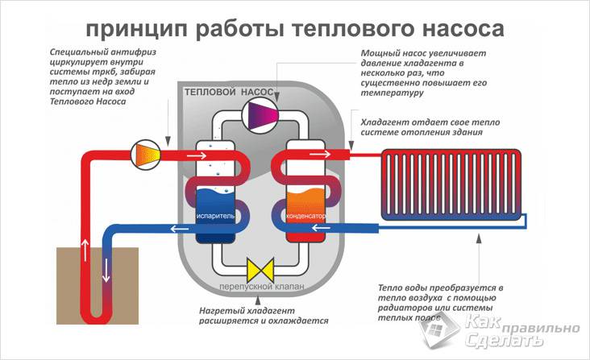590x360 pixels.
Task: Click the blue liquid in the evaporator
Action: [x=214, y=201]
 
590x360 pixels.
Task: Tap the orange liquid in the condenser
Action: [x=305, y=202]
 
